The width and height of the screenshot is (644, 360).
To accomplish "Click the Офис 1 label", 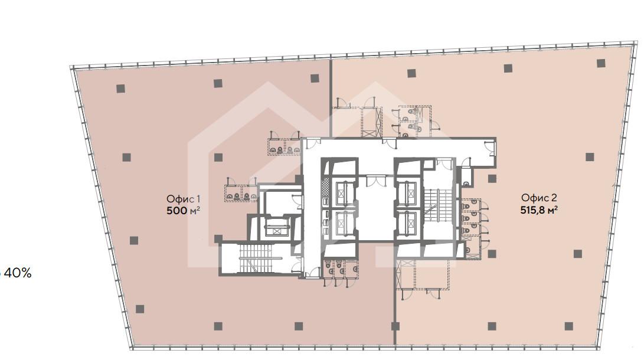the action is tap(183, 199).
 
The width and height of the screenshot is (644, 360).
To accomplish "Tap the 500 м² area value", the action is tap(183, 211).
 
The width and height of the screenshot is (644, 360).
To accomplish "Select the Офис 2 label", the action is tap(538, 198).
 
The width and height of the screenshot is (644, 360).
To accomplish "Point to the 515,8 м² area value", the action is tap(538, 210).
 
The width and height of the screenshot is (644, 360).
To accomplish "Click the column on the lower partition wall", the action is tap(395, 326).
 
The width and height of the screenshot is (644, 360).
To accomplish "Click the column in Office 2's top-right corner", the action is tap(601, 63).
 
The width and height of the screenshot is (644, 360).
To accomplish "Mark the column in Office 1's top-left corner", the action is tap(120, 89).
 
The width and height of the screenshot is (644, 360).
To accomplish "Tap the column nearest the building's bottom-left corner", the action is tap(140, 309).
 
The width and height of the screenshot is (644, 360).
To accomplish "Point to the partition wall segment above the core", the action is tap(330, 99).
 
